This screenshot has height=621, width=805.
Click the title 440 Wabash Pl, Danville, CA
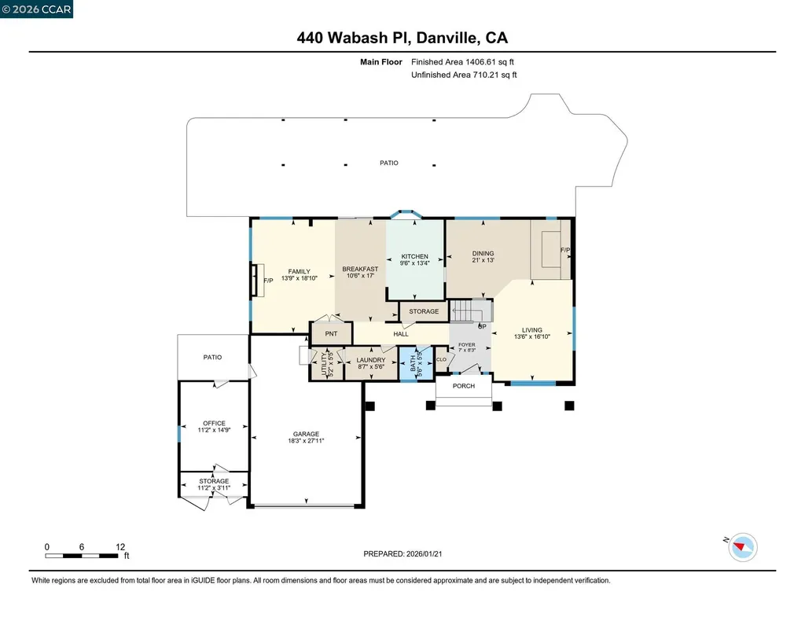point(402,37)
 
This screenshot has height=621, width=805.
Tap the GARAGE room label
point(306,434)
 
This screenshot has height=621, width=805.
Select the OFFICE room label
point(214,424)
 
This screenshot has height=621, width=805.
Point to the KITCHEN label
point(415,257)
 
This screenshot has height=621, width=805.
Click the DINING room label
point(483,254)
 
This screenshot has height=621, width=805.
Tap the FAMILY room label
point(299,272)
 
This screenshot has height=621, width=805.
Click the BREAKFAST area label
point(360,270)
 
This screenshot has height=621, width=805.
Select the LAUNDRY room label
point(371,361)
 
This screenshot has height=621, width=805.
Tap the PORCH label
point(464,386)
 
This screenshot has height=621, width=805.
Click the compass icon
point(742,546)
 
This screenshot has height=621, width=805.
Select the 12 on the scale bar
point(120,547)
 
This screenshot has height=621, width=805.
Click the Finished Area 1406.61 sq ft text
point(462,61)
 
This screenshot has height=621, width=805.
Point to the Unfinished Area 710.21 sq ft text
point(464,75)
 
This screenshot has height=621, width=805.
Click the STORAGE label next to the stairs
point(424,312)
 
